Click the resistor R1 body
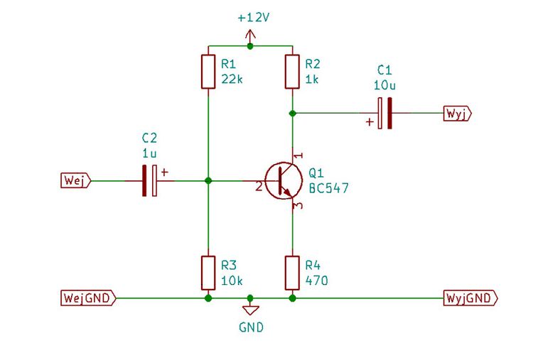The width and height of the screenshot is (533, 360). [x=208, y=72]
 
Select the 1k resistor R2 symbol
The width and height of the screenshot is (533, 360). [x=292, y=72]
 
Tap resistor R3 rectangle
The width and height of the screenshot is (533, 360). [x=208, y=273]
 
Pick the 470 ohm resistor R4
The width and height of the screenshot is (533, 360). [x=292, y=273]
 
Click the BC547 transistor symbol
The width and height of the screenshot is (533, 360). [x=284, y=180]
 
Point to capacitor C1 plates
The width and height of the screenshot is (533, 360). [x=384, y=113]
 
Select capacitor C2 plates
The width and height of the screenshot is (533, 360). [x=149, y=180]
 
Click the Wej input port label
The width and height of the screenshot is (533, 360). [x=76, y=180]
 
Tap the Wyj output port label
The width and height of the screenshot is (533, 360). [x=458, y=113]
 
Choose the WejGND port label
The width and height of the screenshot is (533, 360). [x=88, y=298]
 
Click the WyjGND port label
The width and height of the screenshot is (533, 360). [x=470, y=298]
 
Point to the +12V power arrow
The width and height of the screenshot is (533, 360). [x=251, y=36]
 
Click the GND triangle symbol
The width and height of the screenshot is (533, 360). [x=251, y=310]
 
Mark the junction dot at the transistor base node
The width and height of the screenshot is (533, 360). [x=208, y=180]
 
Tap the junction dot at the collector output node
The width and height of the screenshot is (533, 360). [x=292, y=113]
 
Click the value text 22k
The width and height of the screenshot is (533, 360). [x=232, y=79]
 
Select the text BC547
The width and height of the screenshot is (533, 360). [x=329, y=188]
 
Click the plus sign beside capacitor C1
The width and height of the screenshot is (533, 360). [x=370, y=121]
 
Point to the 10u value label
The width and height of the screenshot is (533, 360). [x=384, y=85]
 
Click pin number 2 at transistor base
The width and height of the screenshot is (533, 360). [x=259, y=187]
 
